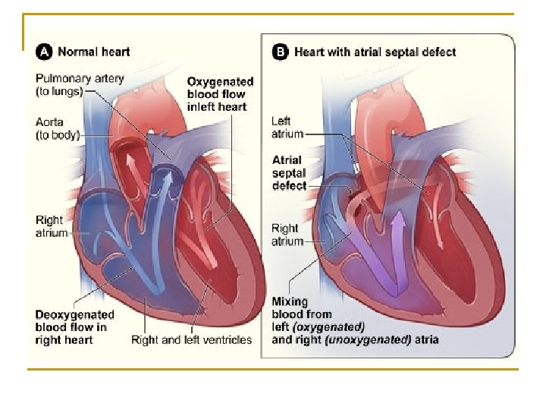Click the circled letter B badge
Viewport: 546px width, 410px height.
pyautogui.click(x=280, y=52)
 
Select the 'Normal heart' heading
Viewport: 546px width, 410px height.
pyautogui.click(x=93, y=52)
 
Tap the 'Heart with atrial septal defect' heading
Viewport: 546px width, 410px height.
pyautogui.click(x=375, y=52)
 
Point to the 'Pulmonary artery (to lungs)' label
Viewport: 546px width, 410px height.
pyautogui.click(x=80, y=84)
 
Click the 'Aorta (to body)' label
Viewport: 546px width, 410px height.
pyautogui.click(x=58, y=128)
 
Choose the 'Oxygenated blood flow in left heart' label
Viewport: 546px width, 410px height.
pyautogui.click(x=220, y=93)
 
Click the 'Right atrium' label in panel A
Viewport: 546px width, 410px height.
pyautogui.click(x=51, y=226)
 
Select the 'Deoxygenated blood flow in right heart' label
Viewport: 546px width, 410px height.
pyautogui.click(x=74, y=326)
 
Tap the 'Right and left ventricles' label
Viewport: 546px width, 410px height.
pyautogui.click(x=191, y=339)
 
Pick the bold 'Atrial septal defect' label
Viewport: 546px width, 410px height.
pyautogui.click(x=289, y=172)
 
